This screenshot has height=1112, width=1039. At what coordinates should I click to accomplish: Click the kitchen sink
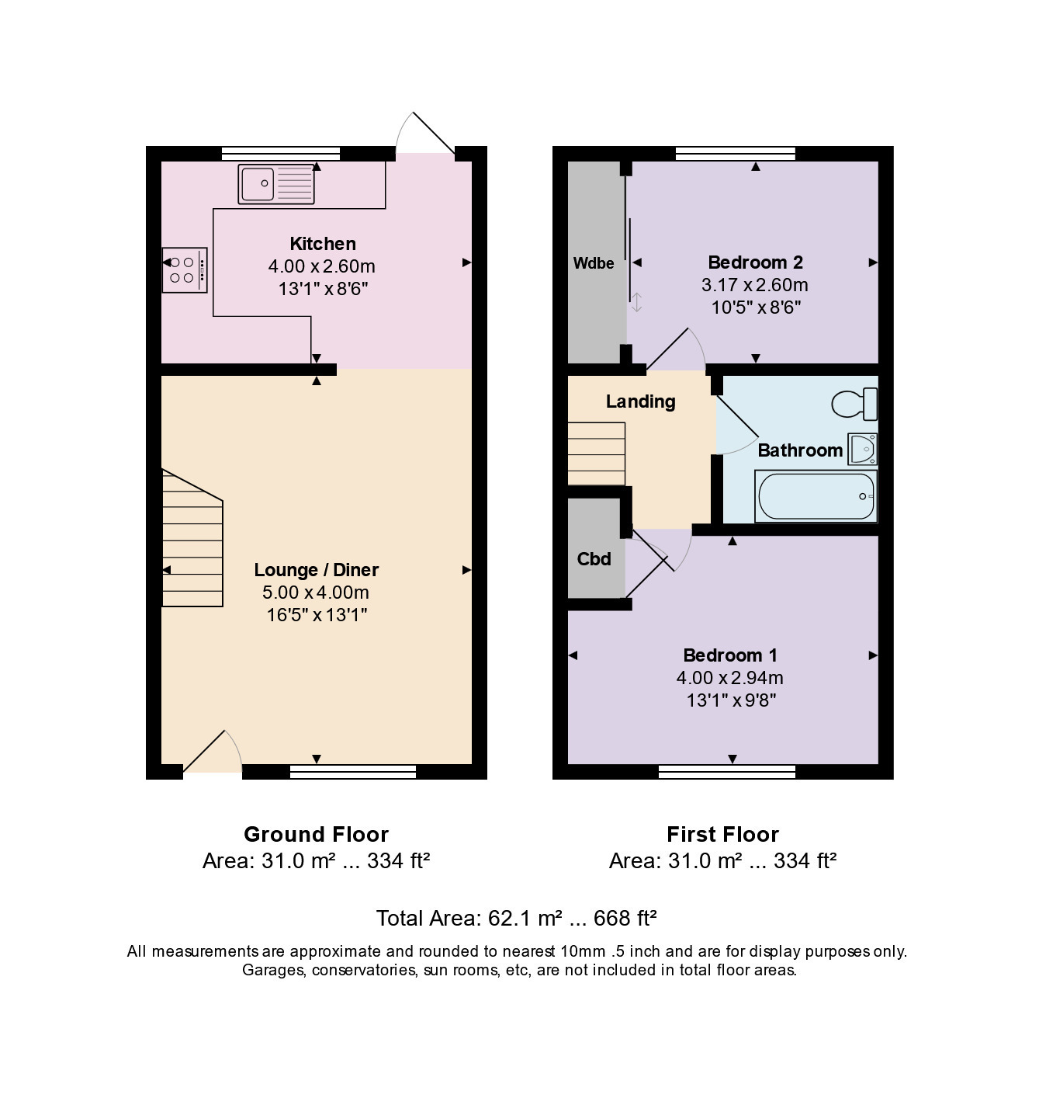point(275,184)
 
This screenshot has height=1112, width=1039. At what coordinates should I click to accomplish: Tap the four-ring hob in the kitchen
point(185,270)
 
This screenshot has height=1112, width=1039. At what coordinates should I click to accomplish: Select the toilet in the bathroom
point(854,403)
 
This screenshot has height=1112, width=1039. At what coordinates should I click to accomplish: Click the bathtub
point(816,496)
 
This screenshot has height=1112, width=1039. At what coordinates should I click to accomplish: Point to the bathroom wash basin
point(862,449)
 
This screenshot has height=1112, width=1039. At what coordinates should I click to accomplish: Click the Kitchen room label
point(323,244)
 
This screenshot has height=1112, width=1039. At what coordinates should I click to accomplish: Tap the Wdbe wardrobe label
point(593,263)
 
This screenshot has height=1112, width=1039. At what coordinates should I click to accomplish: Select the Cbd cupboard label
point(594,558)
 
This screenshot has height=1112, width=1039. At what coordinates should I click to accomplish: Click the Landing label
point(641,401)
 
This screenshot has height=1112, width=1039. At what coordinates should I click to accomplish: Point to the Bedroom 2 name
point(755,262)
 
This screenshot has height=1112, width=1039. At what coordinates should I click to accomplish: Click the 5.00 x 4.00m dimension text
point(316,592)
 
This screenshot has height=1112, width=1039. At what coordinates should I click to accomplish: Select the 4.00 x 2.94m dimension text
point(729,677)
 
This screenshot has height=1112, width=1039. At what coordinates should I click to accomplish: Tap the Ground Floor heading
point(316,834)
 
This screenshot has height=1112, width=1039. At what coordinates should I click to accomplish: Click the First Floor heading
point(722,834)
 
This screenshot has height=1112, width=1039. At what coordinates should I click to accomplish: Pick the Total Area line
point(516,919)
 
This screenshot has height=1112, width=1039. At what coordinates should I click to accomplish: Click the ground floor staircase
point(192,538)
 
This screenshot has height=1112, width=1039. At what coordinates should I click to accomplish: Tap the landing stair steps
point(597,453)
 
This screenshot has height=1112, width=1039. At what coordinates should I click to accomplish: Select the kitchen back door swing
point(425,133)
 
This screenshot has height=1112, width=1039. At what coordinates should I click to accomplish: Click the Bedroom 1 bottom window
point(727,772)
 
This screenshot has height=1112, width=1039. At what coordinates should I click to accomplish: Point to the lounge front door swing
point(213,752)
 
